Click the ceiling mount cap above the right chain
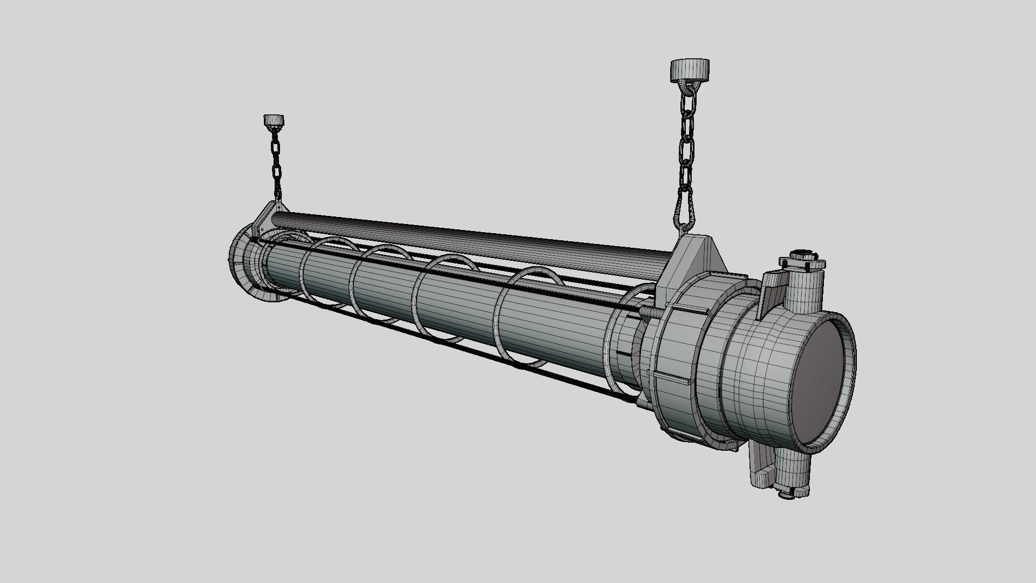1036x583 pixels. [690, 70]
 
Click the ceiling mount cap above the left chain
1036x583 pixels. [274, 120]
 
